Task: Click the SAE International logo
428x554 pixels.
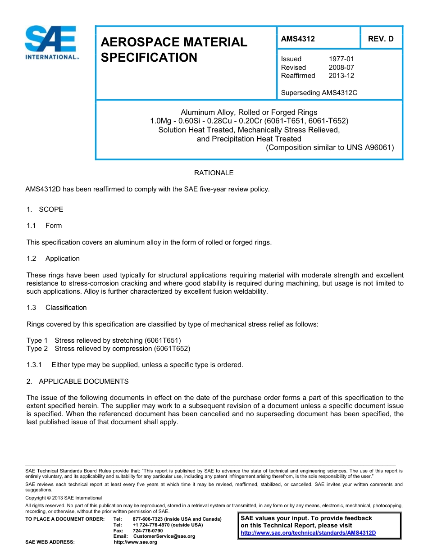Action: (x=51, y=43)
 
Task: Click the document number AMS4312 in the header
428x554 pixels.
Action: (x=298, y=39)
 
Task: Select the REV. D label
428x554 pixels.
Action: (x=381, y=39)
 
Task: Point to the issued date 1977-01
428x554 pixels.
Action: (x=341, y=59)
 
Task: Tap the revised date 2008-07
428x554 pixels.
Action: (x=341, y=68)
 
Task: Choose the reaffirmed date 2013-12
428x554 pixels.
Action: (x=341, y=76)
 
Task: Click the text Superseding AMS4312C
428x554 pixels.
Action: (x=319, y=93)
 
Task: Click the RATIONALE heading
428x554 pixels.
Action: (x=214, y=173)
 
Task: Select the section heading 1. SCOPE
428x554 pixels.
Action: (x=45, y=209)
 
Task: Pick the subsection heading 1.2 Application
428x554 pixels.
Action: (x=53, y=259)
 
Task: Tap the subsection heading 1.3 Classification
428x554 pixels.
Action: (x=57, y=308)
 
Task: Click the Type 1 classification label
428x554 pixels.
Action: (x=37, y=341)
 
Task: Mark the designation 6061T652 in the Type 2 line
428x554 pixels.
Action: (x=172, y=349)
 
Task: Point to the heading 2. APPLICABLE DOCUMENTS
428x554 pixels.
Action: (x=77, y=381)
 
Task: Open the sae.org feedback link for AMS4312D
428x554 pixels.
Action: (x=308, y=533)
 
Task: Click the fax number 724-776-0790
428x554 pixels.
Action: (x=148, y=531)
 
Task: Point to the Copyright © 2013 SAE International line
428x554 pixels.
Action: (x=64, y=498)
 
